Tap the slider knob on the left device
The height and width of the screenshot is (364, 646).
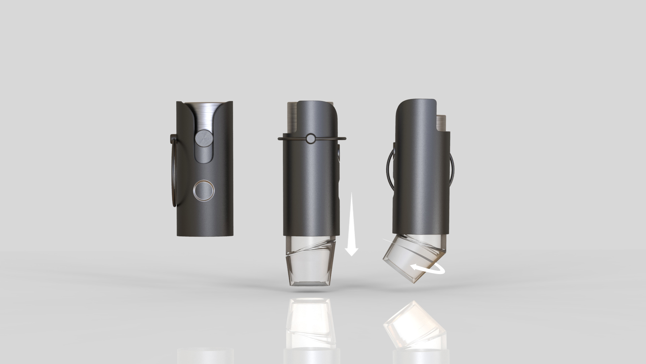(204, 138)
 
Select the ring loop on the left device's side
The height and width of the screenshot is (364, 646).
(174, 172)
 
